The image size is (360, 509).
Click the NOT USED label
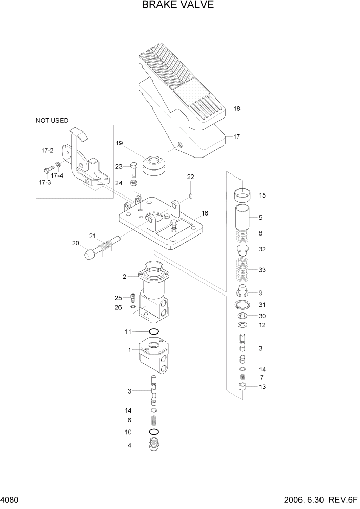[52, 121]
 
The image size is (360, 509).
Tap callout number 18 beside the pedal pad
[236, 109]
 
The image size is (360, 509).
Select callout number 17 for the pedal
[236, 137]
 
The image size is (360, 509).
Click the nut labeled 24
[133, 183]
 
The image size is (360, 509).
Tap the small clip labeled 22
[190, 194]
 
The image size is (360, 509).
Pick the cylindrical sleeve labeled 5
[243, 218]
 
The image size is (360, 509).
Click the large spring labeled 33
[243, 270]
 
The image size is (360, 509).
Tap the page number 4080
[10, 500]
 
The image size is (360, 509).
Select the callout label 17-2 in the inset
[47, 151]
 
